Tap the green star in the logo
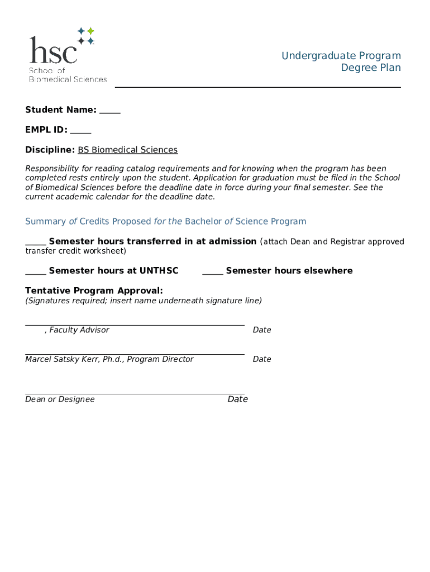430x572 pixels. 90,31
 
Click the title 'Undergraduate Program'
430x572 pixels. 341,55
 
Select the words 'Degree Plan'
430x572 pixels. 371,68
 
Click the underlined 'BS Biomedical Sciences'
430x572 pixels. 127,150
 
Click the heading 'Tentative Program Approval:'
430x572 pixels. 94,290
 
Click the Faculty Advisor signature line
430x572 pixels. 135,323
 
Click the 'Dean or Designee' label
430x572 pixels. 60,399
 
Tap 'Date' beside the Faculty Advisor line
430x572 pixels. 262,330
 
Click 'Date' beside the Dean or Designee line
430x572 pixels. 237,399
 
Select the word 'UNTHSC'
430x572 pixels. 159,271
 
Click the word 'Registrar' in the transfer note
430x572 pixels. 348,242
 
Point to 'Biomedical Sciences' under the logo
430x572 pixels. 68,79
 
